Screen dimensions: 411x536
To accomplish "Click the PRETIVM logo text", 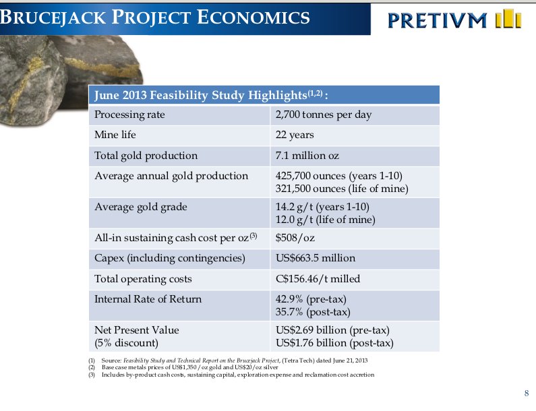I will (437, 21).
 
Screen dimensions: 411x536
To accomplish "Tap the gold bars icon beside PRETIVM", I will (508, 20).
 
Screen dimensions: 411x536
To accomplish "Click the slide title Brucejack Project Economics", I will (156, 18).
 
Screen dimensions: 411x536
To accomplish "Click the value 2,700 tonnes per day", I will (324, 115).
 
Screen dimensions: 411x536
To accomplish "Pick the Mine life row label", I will (115, 135).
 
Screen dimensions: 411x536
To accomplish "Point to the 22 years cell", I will (295, 135).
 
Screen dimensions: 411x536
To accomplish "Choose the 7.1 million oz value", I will (307, 156).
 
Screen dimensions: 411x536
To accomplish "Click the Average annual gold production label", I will (171, 176).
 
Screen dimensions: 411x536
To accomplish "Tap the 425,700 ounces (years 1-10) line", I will (339, 176).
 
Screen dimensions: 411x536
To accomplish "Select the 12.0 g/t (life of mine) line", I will (326, 220).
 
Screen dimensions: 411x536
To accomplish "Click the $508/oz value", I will (295, 237).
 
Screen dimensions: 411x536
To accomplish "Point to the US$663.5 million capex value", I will (316, 258).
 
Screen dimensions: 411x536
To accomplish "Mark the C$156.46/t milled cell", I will (318, 279).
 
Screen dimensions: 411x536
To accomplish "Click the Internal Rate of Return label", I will (148, 299).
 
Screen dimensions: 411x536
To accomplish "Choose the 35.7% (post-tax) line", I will (313, 312).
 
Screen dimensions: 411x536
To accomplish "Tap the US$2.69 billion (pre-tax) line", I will (333, 330).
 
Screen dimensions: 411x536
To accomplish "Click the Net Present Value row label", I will (137, 330).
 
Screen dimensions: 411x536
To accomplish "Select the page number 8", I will (526, 393).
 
